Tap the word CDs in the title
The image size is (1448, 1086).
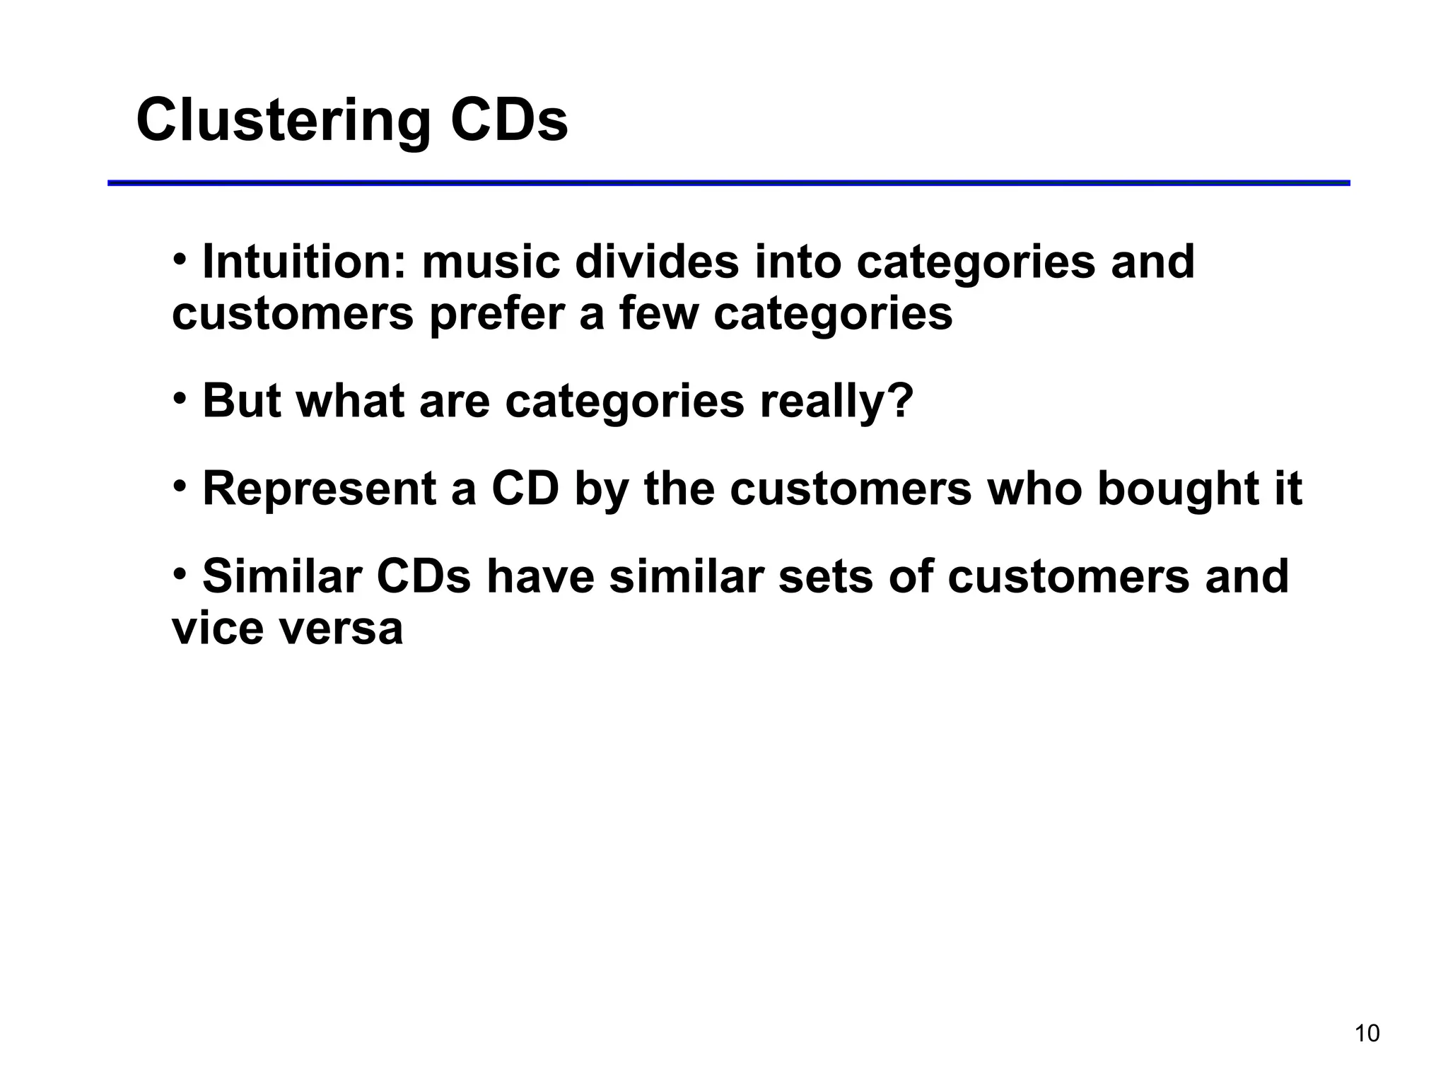pyautogui.click(x=508, y=120)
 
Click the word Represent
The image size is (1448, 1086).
pyautogui.click(x=319, y=489)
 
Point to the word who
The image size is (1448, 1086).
pyautogui.click(x=1034, y=489)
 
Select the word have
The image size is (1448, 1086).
pyautogui.click(x=540, y=576)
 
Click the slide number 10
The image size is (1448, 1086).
pyautogui.click(x=1367, y=1034)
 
